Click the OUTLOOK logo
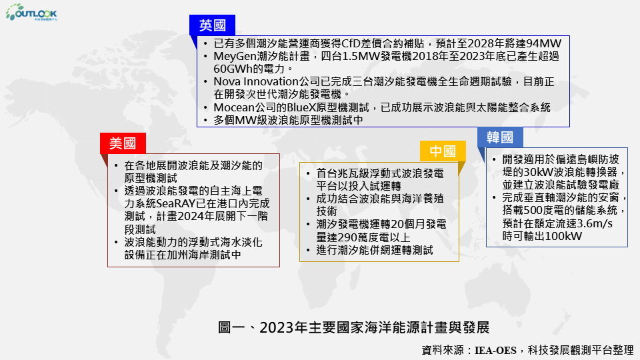click(31, 12)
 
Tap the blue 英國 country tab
click(212, 25)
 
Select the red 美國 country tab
click(123, 143)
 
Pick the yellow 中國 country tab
click(443, 151)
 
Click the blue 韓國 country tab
click(500, 137)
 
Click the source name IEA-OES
click(495, 350)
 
